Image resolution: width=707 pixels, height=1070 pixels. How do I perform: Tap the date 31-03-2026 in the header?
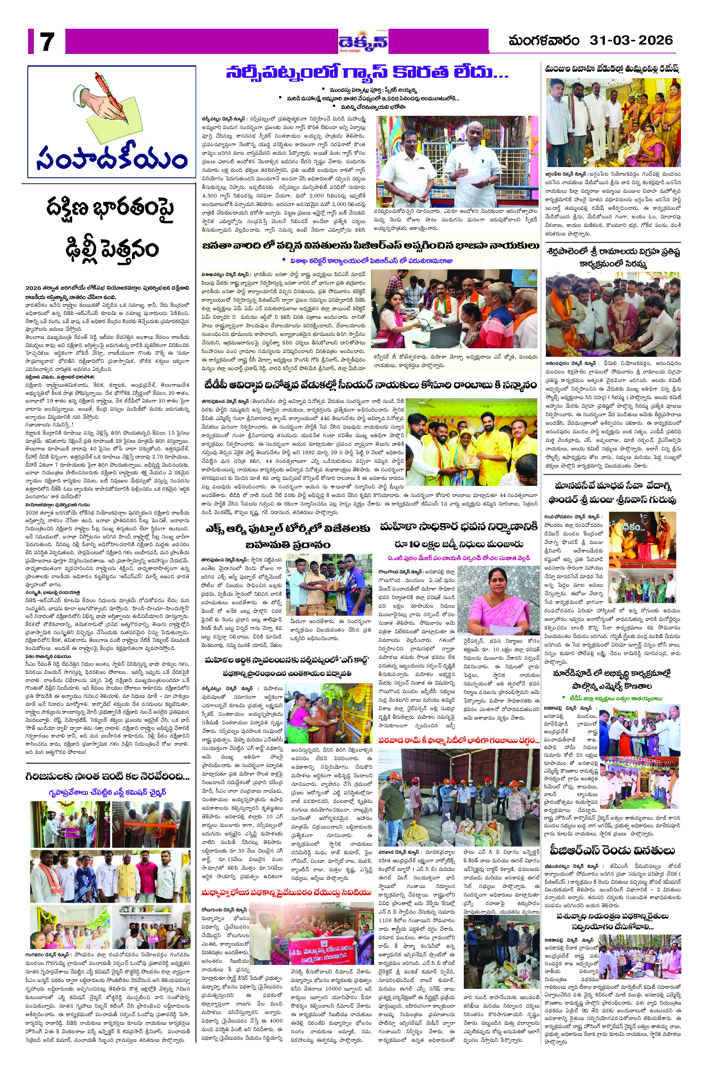click(x=631, y=41)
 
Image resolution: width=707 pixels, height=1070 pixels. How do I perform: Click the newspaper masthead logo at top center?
click(x=363, y=41)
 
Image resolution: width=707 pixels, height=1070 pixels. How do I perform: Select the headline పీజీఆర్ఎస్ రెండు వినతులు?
click(x=611, y=850)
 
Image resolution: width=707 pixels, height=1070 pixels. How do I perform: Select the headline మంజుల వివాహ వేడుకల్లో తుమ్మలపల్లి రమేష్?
click(x=612, y=69)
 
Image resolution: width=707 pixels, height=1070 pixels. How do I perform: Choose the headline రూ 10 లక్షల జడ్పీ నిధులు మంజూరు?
click(x=459, y=544)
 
